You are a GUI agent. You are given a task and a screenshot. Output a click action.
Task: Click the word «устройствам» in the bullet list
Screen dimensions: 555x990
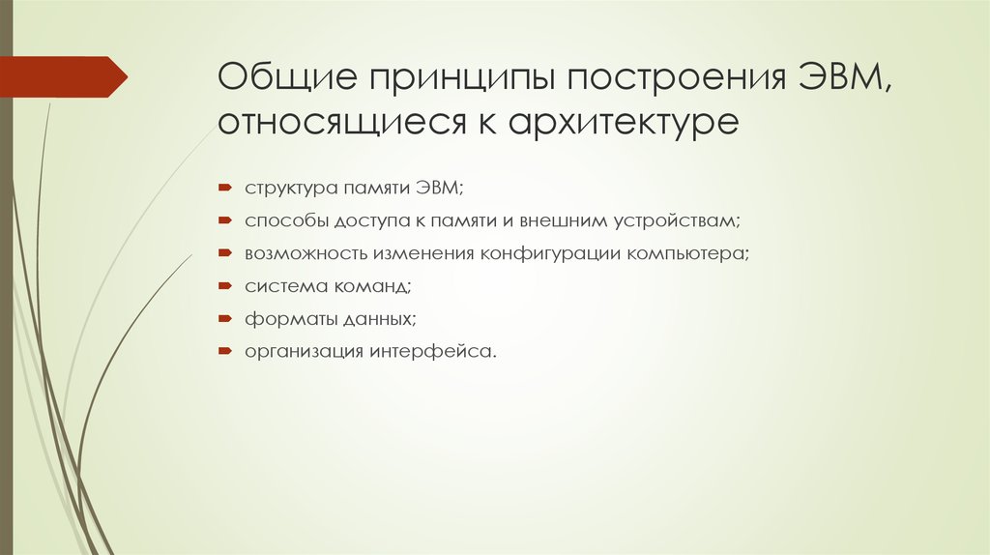click(x=676, y=220)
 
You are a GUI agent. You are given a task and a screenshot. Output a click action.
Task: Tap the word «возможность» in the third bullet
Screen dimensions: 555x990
click(x=303, y=253)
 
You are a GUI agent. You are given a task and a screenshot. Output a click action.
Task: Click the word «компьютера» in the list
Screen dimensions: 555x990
click(x=690, y=253)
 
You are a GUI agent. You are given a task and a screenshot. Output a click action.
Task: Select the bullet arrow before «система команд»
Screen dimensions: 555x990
click(x=223, y=286)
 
